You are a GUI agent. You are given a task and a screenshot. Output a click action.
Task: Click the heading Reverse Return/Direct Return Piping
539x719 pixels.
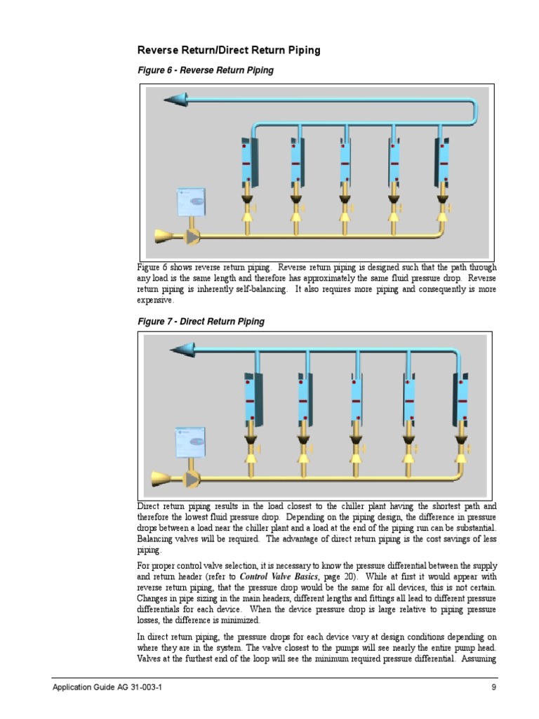click(x=229, y=50)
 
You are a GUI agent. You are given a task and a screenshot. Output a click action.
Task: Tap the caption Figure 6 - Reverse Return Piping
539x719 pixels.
click(x=205, y=70)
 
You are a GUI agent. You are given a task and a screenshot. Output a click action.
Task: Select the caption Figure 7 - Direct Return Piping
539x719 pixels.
click(x=200, y=322)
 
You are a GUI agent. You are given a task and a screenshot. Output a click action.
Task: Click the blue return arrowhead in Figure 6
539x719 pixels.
click(x=175, y=100)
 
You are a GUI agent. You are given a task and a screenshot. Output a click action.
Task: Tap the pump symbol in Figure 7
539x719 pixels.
click(x=191, y=479)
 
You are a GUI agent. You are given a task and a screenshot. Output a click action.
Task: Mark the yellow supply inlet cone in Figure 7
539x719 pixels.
click(x=161, y=479)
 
